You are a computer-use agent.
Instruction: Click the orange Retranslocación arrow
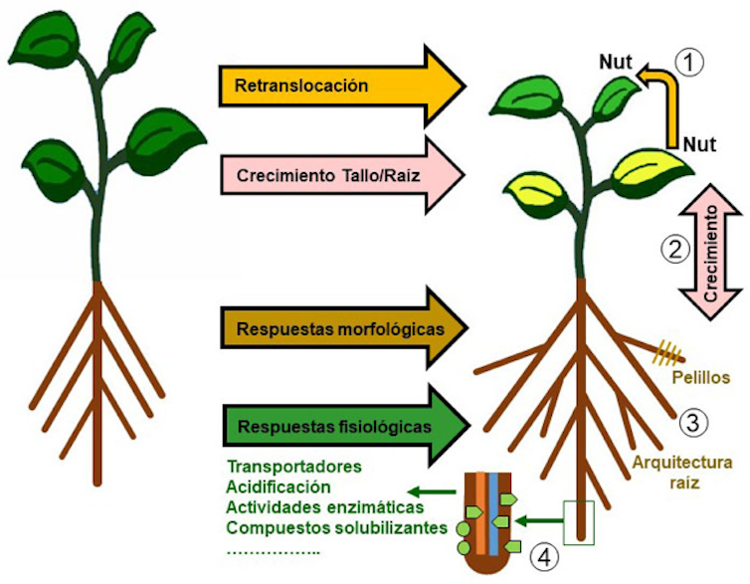(338, 87)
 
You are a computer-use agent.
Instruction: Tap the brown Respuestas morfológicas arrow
(338, 327)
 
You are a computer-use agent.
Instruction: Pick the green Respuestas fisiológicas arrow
(338, 427)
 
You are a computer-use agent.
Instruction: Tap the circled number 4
(544, 554)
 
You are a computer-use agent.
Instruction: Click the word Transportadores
(293, 466)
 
